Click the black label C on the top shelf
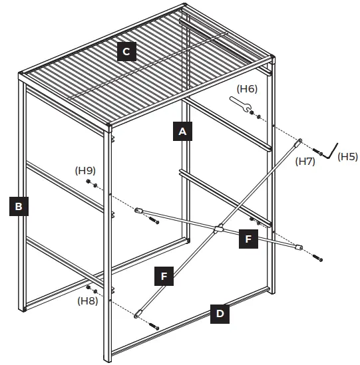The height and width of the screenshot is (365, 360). [127, 52]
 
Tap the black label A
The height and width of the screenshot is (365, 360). [182, 132]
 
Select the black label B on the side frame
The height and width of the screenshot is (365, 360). [19, 207]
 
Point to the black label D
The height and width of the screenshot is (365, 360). [221, 314]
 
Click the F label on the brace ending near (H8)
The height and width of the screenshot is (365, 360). [164, 275]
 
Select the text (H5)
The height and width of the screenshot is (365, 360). [347, 157]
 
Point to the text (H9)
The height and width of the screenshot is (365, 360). [85, 170]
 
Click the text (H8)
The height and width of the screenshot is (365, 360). [88, 301]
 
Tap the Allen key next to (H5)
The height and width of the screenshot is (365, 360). [332, 150]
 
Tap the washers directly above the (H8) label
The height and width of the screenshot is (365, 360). [92, 289]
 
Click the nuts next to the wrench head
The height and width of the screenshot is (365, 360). [256, 115]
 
